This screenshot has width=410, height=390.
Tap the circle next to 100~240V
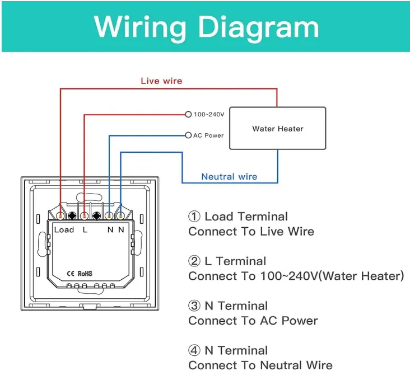pos(188,114)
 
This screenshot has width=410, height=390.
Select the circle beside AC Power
pos(188,135)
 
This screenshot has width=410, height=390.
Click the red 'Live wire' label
pos(161,81)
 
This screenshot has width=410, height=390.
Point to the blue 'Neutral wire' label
pos(229,177)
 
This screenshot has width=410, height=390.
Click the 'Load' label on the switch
pos(64,229)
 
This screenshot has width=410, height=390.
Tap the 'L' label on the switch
pos(85,230)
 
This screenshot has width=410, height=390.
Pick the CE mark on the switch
pos(71,274)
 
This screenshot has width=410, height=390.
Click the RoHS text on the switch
pos(85,274)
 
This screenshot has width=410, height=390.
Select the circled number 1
pos(194,217)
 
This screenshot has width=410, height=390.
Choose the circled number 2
pos(194,261)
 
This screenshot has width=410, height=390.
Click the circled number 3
pos(194,306)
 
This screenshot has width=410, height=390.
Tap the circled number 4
pos(194,350)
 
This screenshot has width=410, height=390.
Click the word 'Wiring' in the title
pos(140,27)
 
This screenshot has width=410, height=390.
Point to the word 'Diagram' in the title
pos(259,27)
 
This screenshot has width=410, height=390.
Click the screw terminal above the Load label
pos(60,216)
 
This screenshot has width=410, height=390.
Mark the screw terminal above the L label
pos(84,216)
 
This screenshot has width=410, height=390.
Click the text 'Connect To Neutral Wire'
pos(260,365)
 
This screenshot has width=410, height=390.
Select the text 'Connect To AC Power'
pos(253,321)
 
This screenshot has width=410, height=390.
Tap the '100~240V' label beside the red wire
pos(209,114)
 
